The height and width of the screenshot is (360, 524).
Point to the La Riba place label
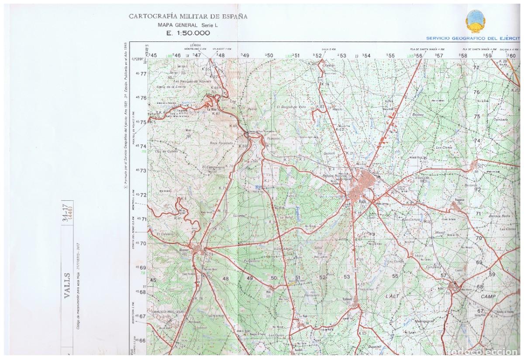point(212,110)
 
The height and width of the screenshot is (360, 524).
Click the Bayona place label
point(418,114)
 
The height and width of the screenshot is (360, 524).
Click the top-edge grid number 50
point(269,55)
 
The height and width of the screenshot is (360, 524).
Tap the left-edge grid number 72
point(143,195)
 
